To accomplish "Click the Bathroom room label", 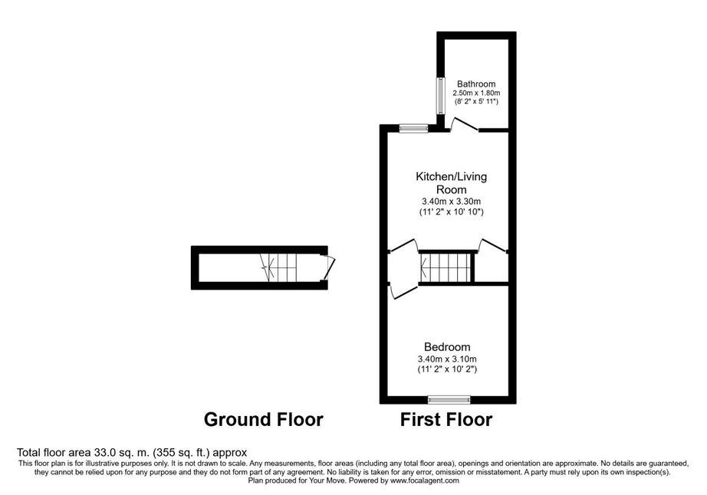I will (476, 84).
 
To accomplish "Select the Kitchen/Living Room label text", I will (451, 182).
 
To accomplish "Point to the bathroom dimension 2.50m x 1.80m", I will (476, 93).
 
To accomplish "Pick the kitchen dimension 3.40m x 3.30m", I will (451, 202).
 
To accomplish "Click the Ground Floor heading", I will (263, 419).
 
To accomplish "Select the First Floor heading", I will (446, 419).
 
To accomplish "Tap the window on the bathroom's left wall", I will (440, 95).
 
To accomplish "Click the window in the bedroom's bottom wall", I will (449, 398).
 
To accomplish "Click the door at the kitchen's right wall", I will (492, 246).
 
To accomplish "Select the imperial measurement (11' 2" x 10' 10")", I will (451, 211).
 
